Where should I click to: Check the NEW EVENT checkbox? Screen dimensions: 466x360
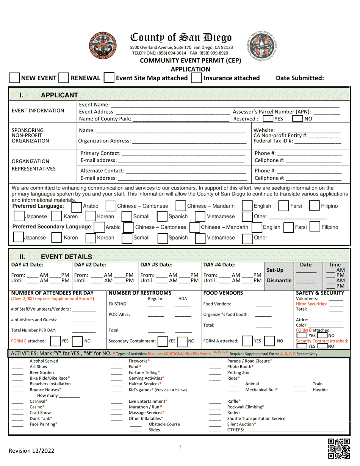(x=14, y=78)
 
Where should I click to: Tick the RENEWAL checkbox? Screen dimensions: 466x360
(x=64, y=78)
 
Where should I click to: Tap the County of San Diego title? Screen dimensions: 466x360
(x=181, y=38)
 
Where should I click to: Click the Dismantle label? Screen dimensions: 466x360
(x=279, y=281)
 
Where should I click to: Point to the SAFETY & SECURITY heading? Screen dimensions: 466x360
(x=320, y=293)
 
